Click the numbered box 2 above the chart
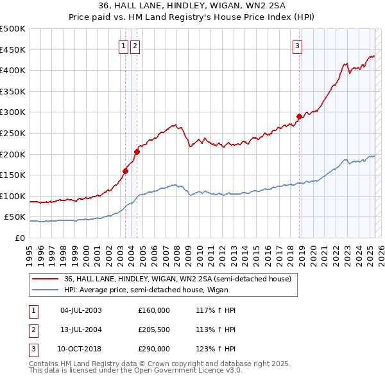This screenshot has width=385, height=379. click(x=135, y=46)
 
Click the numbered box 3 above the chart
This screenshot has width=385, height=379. click(x=298, y=46)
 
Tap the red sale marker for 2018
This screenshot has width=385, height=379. click(x=299, y=116)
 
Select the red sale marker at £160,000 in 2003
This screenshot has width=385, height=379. click(x=125, y=171)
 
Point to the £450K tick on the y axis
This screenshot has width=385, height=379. click(x=14, y=49)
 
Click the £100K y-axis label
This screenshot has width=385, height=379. click(x=14, y=196)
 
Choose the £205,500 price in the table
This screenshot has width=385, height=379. click(x=154, y=330)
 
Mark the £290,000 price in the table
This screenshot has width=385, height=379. click(x=154, y=349)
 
